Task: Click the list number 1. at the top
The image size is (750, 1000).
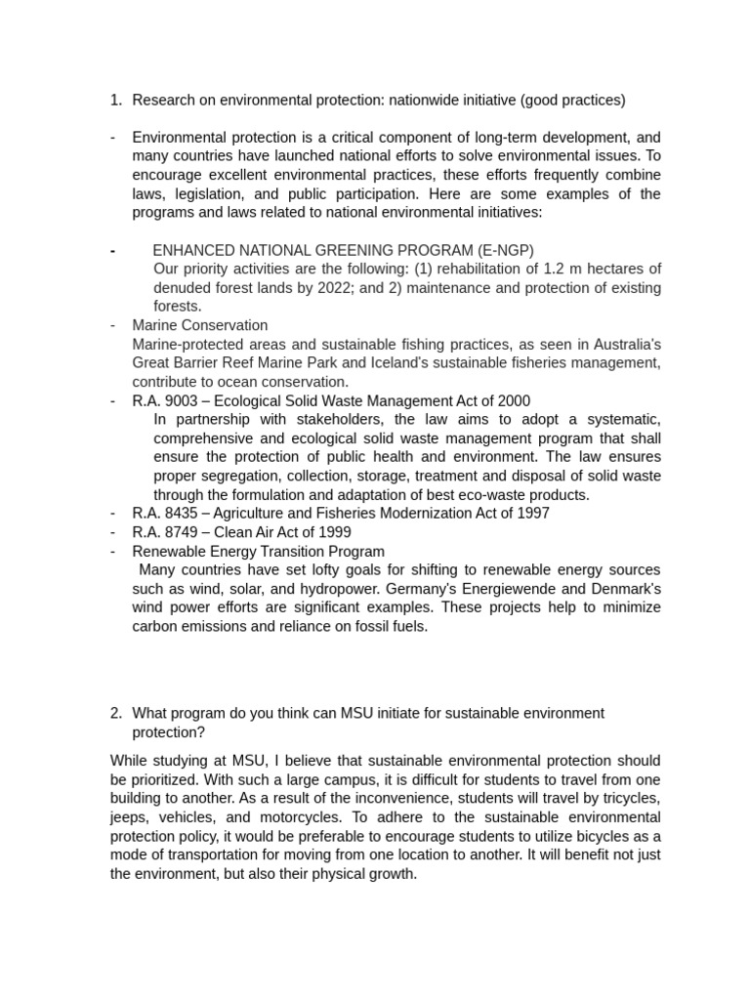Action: pyautogui.click(x=116, y=100)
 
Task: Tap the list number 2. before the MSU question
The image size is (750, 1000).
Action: pyautogui.click(x=116, y=713)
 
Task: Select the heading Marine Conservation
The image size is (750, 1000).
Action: pyautogui.click(x=200, y=325)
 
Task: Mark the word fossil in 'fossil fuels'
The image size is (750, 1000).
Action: pyautogui.click(x=366, y=626)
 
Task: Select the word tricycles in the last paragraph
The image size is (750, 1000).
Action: pyautogui.click(x=626, y=798)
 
